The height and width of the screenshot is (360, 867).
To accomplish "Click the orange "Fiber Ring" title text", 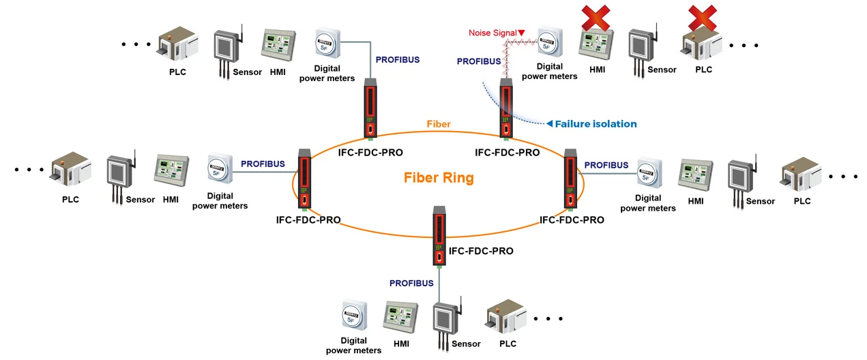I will tap(439, 178).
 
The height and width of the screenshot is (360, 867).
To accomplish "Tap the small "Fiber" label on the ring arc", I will tap(439, 124).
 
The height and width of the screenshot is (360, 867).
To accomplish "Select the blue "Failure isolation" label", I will tap(596, 124).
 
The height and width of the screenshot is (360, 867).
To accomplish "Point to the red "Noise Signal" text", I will tap(492, 33).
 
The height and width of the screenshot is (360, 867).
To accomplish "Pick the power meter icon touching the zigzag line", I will tap(549, 42).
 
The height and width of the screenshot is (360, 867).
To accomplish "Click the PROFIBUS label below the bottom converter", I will tap(411, 283).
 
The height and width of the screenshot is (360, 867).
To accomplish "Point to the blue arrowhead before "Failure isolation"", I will tap(548, 124).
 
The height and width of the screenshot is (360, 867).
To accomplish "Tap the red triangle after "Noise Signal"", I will tap(522, 33).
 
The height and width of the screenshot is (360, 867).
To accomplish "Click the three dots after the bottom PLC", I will tap(548, 318).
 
